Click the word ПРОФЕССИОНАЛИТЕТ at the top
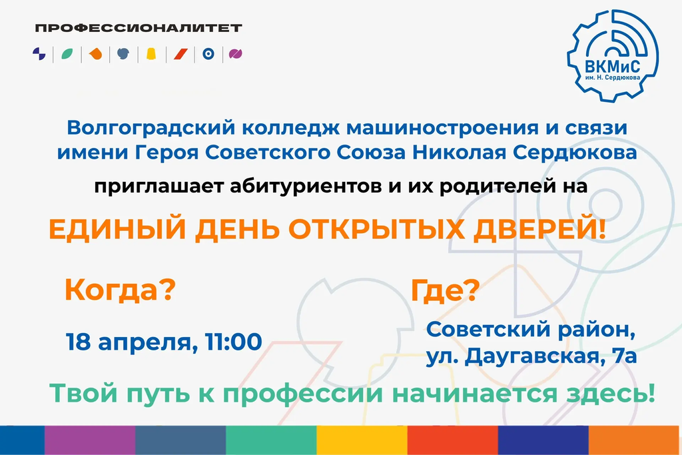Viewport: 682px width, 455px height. (139, 28)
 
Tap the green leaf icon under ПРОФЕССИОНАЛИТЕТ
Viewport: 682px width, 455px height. (67, 54)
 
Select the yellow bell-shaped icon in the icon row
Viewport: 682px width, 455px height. (151, 54)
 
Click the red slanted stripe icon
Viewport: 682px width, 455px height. (180, 54)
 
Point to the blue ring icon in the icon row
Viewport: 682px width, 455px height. (208, 54)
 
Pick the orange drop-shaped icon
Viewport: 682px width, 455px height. (95, 54)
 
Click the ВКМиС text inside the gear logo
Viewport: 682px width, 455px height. (612, 67)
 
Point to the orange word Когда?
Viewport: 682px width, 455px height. (120, 289)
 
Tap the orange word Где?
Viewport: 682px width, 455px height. (445, 290)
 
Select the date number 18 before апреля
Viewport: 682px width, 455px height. (79, 342)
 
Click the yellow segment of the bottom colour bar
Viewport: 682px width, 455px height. (362, 440)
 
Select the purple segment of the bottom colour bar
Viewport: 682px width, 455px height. (90, 440)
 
